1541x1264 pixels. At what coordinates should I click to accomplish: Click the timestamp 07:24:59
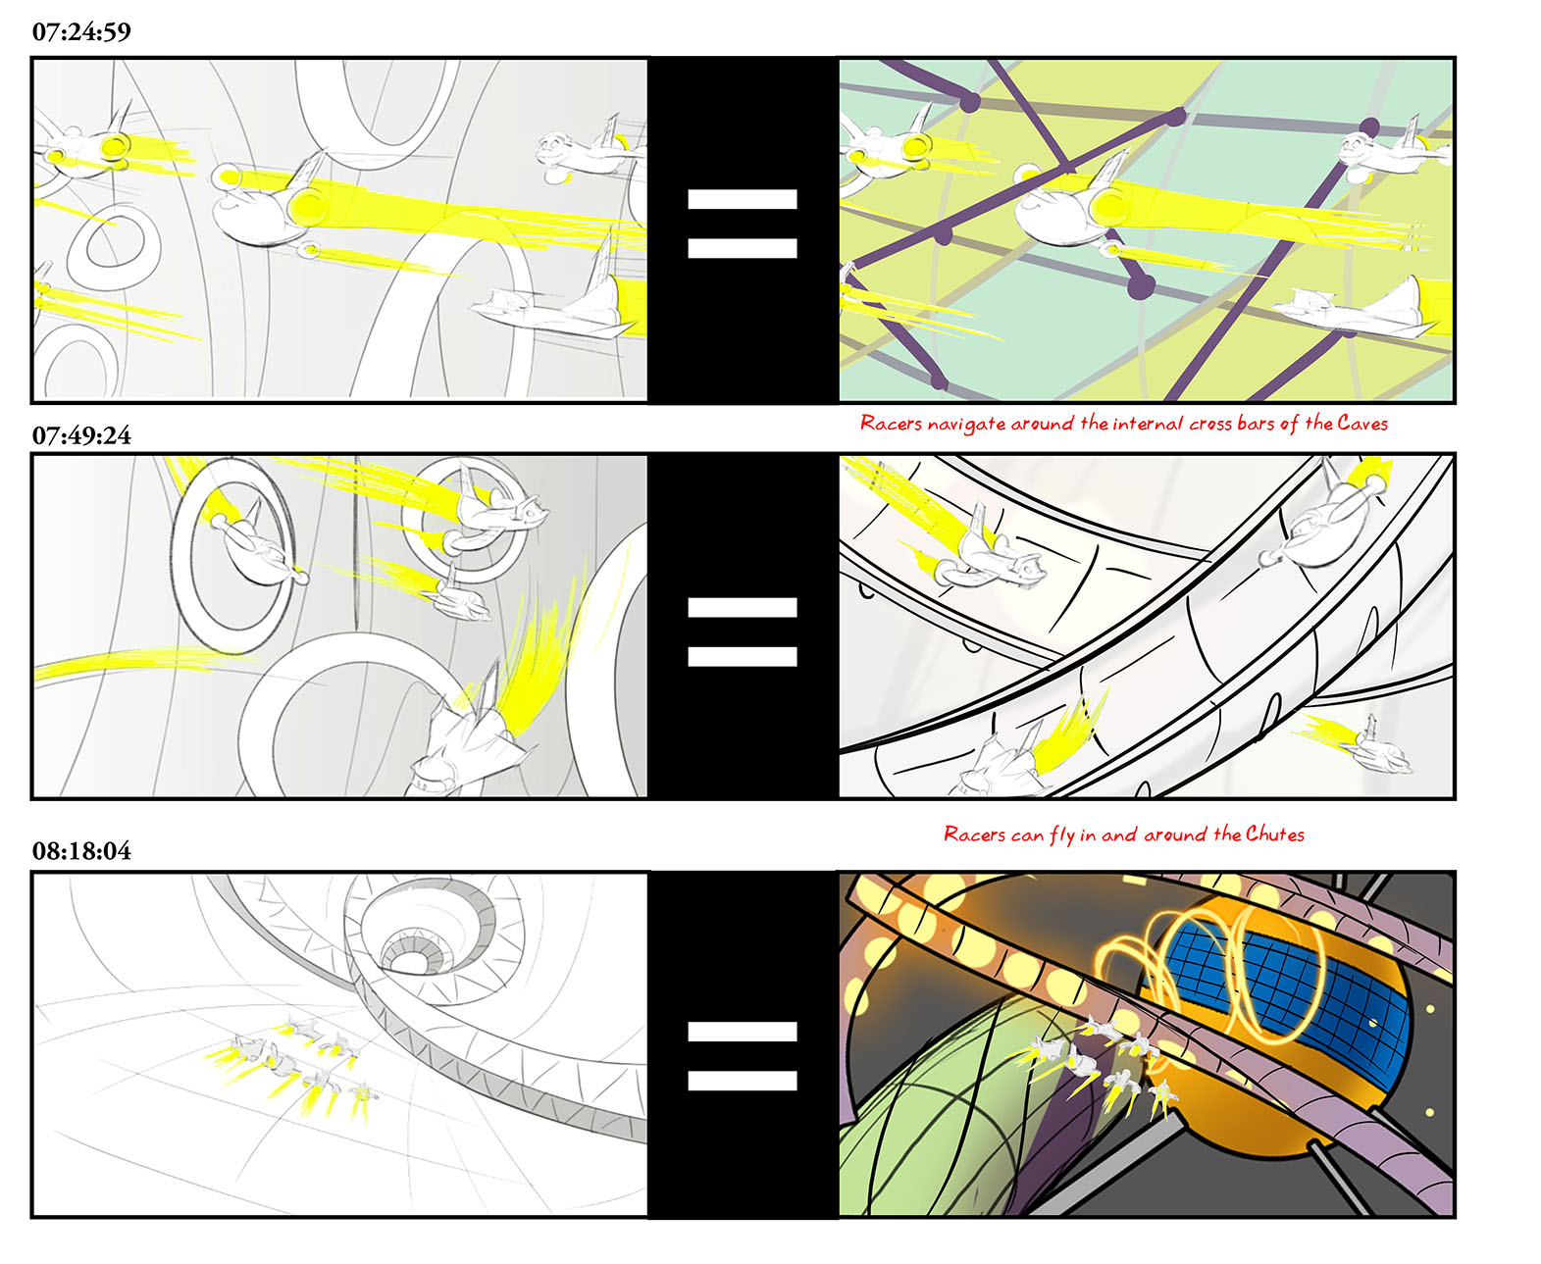81,31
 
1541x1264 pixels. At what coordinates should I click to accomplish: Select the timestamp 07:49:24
81,435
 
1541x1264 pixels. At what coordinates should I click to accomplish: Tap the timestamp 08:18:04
81,850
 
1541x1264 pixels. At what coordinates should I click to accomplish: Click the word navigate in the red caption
966,425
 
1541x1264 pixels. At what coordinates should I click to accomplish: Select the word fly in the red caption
1062,835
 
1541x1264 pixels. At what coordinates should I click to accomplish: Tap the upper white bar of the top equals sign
742,199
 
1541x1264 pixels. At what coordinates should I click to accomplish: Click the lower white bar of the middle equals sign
742,656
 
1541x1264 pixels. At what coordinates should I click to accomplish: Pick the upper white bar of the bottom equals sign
742,1031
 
